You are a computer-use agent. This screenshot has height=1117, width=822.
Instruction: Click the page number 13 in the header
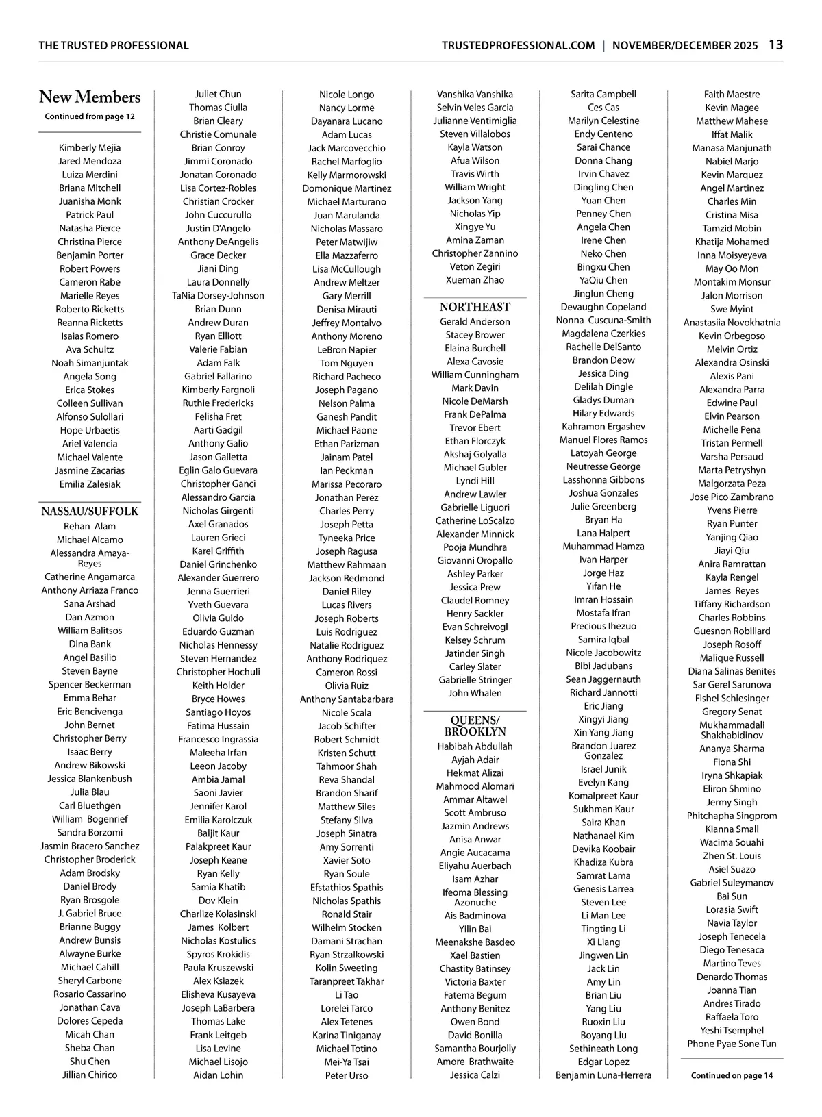[775, 45]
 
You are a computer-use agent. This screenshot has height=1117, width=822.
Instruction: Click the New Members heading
[90, 97]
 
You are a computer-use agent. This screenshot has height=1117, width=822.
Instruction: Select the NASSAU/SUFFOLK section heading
[90, 512]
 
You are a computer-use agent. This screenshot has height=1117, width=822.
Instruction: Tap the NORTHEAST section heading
[475, 307]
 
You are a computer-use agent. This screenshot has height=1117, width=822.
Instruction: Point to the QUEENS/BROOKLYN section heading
[475, 726]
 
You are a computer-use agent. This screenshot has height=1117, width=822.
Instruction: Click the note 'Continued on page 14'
[732, 1075]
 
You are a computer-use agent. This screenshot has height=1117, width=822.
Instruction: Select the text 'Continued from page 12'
[90, 116]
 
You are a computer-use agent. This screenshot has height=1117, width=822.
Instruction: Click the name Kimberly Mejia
[90, 147]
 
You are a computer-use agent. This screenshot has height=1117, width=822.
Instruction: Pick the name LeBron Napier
[347, 349]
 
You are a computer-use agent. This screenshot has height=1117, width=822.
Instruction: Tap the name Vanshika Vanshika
[475, 94]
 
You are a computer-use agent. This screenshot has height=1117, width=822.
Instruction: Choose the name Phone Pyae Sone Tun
[732, 1044]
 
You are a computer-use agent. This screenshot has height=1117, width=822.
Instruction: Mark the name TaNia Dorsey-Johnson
[218, 296]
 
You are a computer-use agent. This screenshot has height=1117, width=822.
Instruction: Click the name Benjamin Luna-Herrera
[603, 1075]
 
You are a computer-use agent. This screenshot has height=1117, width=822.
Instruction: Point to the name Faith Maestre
[732, 94]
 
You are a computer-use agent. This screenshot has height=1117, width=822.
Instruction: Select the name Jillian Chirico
[90, 1075]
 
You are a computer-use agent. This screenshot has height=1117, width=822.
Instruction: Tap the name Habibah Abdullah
[475, 746]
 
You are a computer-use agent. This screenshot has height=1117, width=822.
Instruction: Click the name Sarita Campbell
[603, 94]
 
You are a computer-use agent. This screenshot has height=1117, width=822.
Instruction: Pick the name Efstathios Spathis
[347, 887]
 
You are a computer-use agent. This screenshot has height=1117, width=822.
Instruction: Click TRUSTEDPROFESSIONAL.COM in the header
[518, 46]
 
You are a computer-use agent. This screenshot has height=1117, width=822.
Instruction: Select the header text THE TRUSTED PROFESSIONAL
[114, 46]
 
